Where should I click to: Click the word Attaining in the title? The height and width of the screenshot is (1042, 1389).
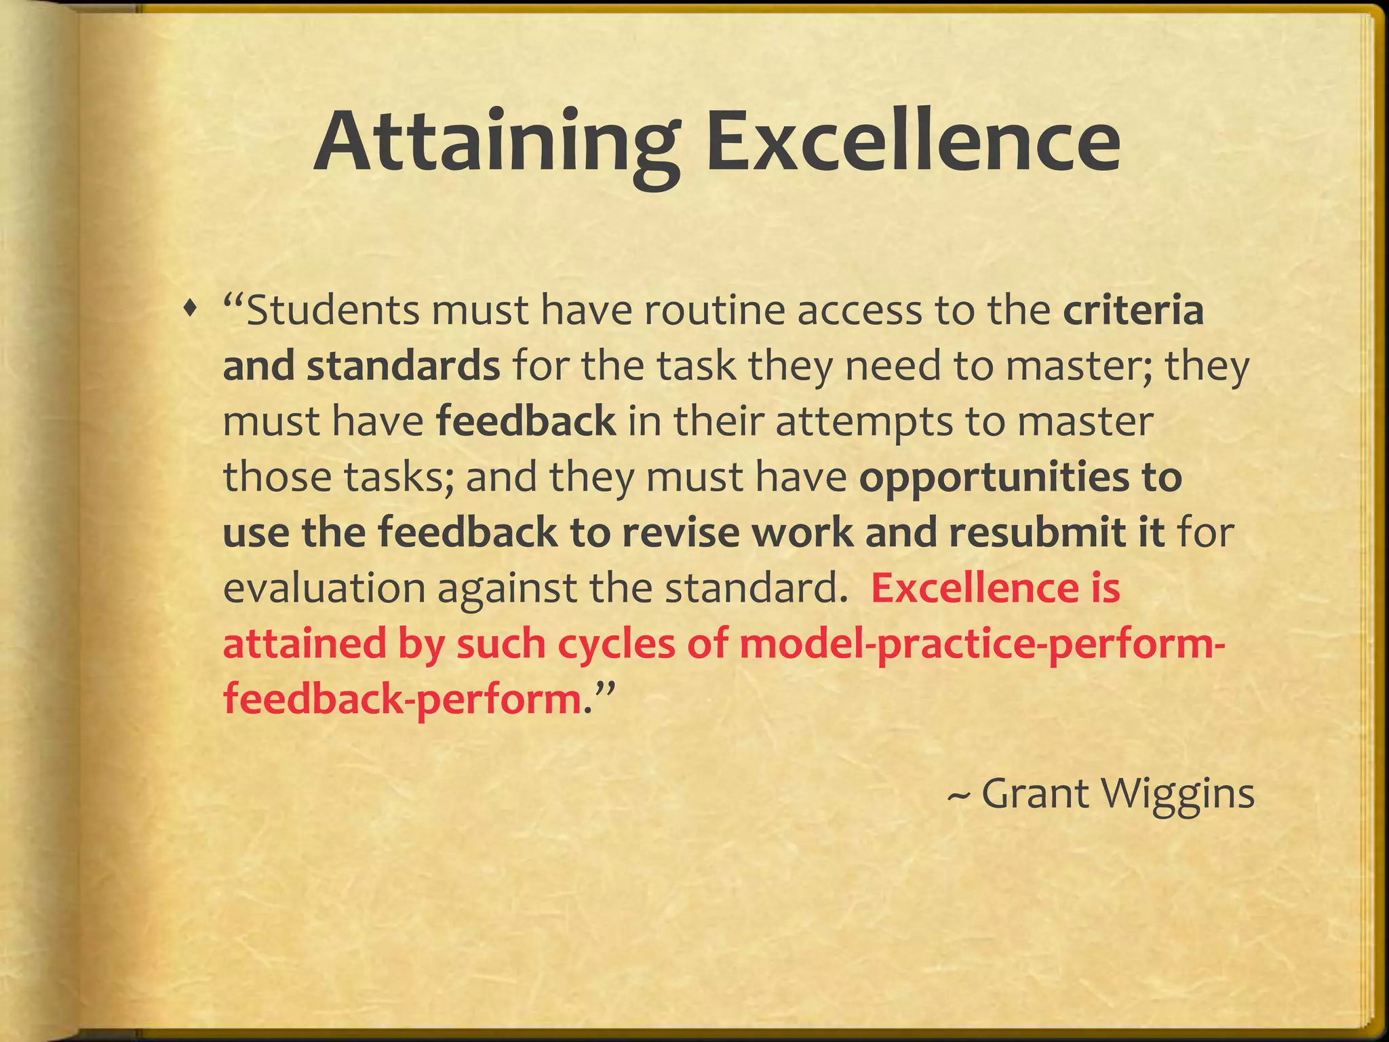tap(495, 143)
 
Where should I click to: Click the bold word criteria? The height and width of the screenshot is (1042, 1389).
tap(1133, 310)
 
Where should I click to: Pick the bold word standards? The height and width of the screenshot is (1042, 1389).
tap(403, 366)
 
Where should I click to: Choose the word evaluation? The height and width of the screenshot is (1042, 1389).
tap(324, 587)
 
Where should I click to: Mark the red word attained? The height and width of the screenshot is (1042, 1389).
tap(303, 643)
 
